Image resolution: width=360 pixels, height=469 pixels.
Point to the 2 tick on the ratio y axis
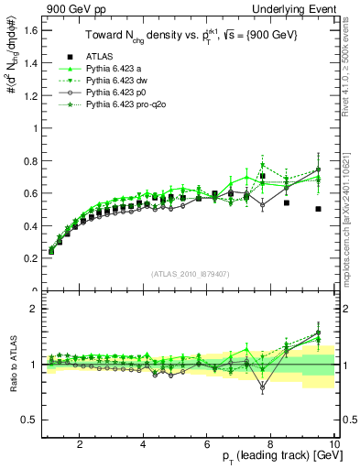pyautogui.click(x=34, y=310)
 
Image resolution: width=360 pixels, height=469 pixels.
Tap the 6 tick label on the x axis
pyautogui.click(x=207, y=445)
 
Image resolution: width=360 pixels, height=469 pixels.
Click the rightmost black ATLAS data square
pyautogui.click(x=318, y=209)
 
